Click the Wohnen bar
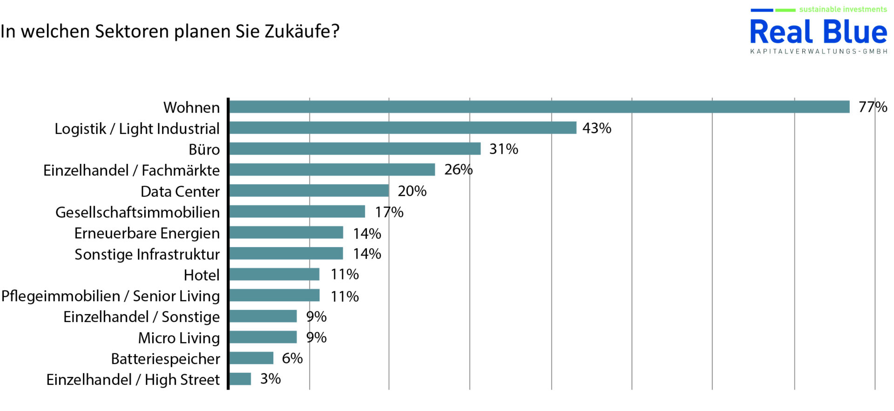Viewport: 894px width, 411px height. coord(539,107)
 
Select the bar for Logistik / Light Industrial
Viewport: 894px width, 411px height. coord(403,128)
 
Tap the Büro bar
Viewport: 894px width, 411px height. coord(355,149)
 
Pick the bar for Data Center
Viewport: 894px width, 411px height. coord(309,191)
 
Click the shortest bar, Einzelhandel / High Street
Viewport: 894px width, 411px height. coord(240,379)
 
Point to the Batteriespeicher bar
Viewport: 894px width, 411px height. coord(251,358)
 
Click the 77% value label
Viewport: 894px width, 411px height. coord(873,107)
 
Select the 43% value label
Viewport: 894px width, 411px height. coord(596,128)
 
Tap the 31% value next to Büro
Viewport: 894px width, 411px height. coord(503,149)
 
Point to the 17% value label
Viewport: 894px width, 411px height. coord(389,212)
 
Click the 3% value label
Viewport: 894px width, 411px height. coord(271,379)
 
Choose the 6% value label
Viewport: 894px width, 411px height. coord(292,358)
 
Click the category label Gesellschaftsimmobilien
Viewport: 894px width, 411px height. coord(138,213)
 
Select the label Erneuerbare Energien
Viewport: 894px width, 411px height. coord(147,234)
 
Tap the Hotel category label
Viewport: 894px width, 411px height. coord(202,275)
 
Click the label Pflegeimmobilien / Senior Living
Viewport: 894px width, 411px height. coord(111,296)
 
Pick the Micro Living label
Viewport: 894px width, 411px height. coord(179,338)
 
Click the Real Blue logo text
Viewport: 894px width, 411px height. coord(819,33)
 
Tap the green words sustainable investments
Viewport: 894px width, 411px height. coord(843,9)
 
